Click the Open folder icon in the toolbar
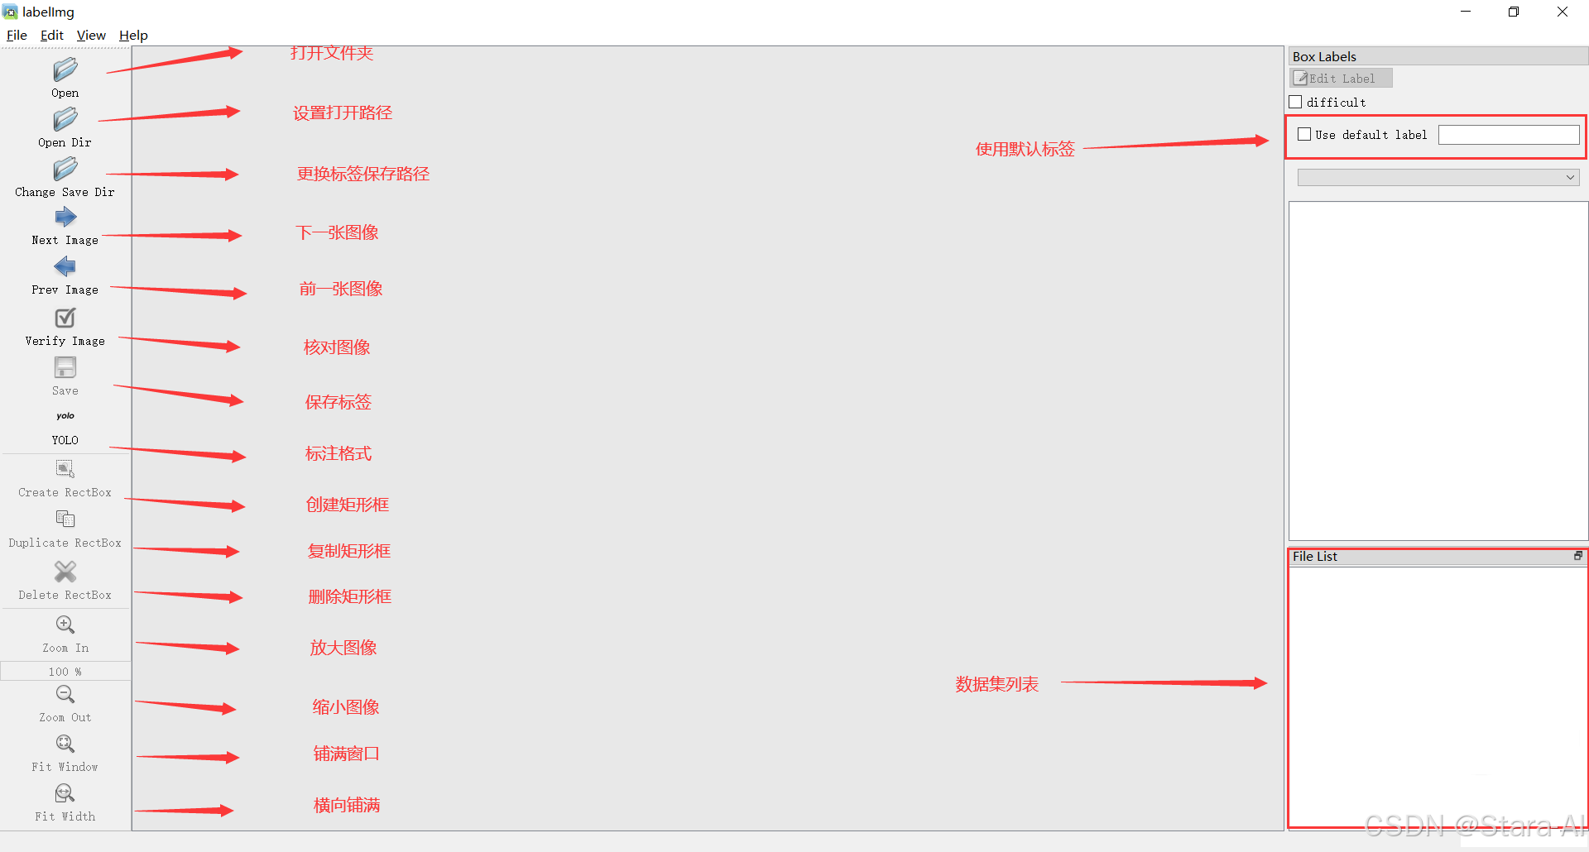pyautogui.click(x=65, y=69)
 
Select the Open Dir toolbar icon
pyautogui.click(x=65, y=120)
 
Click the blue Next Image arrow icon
pyautogui.click(x=65, y=218)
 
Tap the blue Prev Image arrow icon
pyautogui.click(x=65, y=266)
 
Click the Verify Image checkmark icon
pyautogui.click(x=65, y=318)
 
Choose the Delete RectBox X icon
pyautogui.click(x=65, y=572)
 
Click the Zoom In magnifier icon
pyautogui.click(x=65, y=625)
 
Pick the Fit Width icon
pyautogui.click(x=65, y=794)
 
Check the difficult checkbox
pyautogui.click(x=1296, y=102)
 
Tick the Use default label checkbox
pyautogui.click(x=1304, y=134)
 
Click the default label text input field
pyautogui.click(x=1508, y=135)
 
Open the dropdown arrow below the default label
pyautogui.click(x=1570, y=177)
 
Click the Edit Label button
pyautogui.click(x=1341, y=78)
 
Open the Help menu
pyautogui.click(x=133, y=35)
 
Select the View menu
pyautogui.click(x=91, y=35)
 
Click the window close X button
pyautogui.click(x=1562, y=12)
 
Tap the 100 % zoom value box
pyautogui.click(x=65, y=672)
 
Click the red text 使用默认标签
pyautogui.click(x=1025, y=149)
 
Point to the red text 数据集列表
pyautogui.click(x=996, y=684)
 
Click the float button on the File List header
pyautogui.click(x=1577, y=556)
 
